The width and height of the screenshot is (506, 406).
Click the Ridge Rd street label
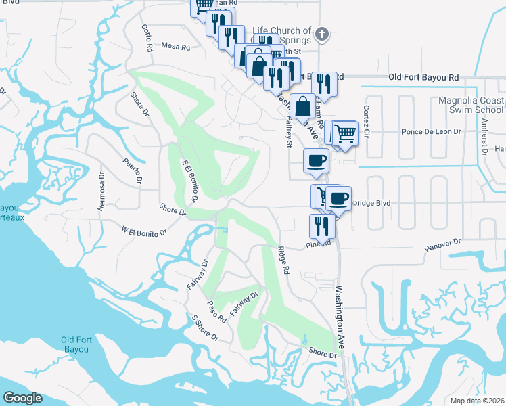283,260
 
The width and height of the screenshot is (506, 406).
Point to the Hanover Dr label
442,246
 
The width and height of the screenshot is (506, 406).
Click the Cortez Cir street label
367,118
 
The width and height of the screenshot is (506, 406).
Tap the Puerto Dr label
133,170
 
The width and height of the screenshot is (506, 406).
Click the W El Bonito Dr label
143,232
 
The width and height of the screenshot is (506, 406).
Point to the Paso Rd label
216,311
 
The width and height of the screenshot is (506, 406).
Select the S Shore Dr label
205,328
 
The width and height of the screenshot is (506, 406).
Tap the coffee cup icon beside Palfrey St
316,161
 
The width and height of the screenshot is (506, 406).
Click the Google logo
22,398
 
